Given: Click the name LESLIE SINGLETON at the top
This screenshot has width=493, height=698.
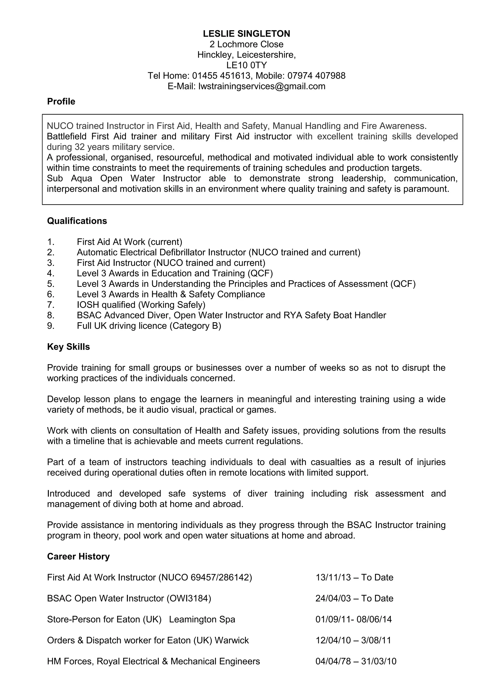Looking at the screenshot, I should click(246, 33).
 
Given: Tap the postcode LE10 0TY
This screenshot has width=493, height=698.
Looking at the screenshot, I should click(246, 65).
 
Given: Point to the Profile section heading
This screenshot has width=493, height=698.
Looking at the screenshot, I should click(61, 102).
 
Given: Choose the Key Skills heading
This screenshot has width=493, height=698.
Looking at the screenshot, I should click(68, 347).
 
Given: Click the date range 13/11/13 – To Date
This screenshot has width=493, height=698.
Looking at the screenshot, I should click(354, 578).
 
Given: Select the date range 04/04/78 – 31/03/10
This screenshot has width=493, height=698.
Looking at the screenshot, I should click(356, 662).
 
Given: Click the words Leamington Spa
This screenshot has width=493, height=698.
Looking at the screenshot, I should click(202, 619).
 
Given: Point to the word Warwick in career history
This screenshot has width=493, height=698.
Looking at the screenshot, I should click(232, 640).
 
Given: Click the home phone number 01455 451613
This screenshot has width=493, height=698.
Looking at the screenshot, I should click(221, 76).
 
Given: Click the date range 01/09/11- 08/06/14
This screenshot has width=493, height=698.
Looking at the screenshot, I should click(354, 619).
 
